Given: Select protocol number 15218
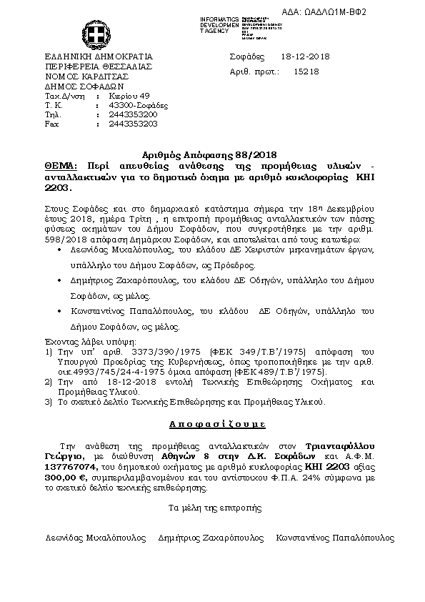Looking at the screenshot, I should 306,71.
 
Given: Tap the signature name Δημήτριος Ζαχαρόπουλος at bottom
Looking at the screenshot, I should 209,537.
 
